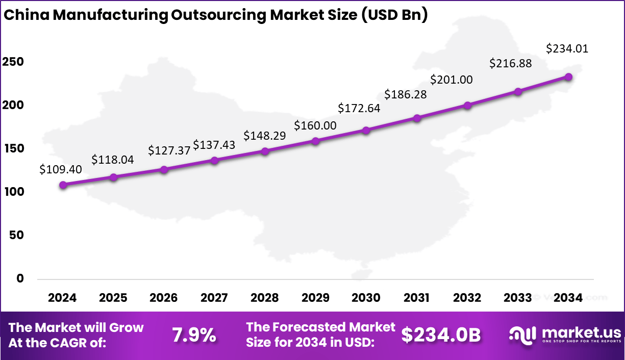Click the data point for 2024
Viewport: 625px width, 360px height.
(63, 185)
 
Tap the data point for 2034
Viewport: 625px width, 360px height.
(568, 76)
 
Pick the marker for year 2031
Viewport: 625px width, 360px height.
(417, 118)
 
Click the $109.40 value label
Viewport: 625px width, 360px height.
(61, 169)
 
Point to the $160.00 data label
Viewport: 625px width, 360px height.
(315, 125)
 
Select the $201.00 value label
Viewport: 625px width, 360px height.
(452, 80)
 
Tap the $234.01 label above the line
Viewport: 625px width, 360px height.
(567, 49)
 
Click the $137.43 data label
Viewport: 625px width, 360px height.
(214, 145)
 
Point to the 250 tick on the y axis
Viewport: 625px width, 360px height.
(13, 62)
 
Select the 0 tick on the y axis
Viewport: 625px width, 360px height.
(20, 278)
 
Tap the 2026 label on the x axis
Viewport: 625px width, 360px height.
(164, 298)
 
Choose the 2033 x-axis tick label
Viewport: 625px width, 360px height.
(517, 298)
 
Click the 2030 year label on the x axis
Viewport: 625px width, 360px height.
(366, 298)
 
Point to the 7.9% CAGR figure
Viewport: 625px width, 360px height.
(193, 335)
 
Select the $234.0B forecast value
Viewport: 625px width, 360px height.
(441, 335)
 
